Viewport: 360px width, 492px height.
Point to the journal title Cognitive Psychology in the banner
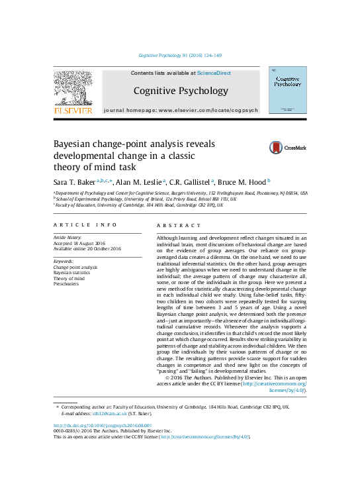tap(181, 91)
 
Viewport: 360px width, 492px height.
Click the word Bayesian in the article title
tap(79, 144)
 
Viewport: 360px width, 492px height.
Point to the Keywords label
tap(64, 262)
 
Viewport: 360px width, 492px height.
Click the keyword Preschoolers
tap(67, 283)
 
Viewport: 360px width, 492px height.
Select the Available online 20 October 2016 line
tap(87, 249)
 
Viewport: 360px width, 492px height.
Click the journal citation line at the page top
tap(180, 56)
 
